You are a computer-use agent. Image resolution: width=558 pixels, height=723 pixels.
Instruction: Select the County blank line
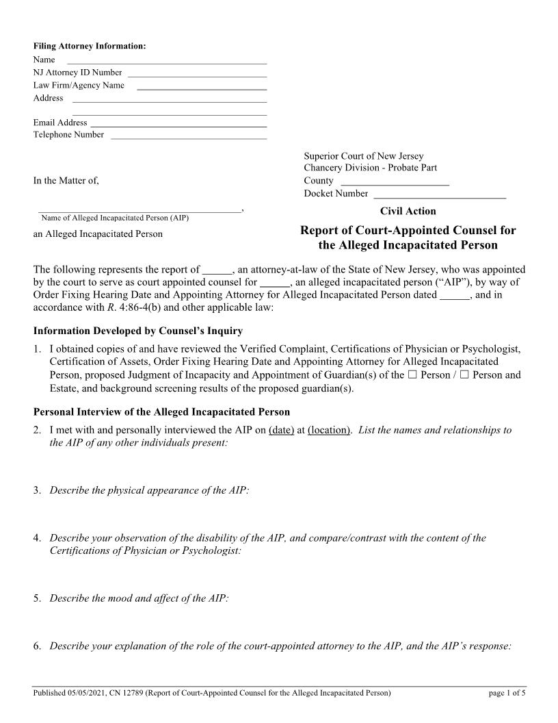395,183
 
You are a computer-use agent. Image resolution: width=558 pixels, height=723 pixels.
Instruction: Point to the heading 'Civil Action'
408,211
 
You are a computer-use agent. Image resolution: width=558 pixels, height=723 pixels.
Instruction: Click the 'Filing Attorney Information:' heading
90,47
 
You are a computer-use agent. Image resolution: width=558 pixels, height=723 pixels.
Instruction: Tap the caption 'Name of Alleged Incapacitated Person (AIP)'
115,218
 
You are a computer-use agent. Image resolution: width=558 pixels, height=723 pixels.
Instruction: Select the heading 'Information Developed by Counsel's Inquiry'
137,331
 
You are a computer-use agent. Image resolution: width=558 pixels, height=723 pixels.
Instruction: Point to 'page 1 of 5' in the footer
507,694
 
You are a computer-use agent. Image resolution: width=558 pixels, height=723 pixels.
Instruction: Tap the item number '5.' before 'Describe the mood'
38,598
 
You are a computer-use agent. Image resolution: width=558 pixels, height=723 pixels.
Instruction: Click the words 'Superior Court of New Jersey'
364,156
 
